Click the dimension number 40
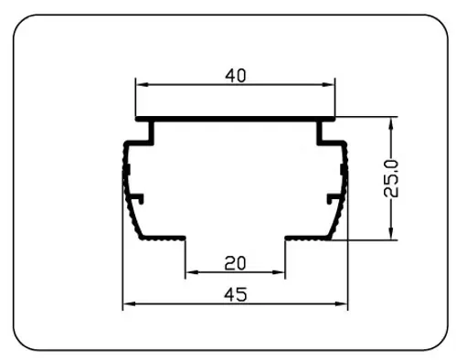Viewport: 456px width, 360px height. point(235,76)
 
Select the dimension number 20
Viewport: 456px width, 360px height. point(235,263)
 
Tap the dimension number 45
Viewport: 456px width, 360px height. point(235,295)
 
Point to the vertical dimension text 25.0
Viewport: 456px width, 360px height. point(391,178)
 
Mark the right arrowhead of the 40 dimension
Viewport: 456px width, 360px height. point(328,84)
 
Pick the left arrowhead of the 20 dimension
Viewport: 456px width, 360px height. point(192,272)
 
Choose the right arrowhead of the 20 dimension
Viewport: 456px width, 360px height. point(278,272)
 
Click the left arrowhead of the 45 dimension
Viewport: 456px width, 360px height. point(130,303)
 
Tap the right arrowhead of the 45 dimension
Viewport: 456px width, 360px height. point(341,303)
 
